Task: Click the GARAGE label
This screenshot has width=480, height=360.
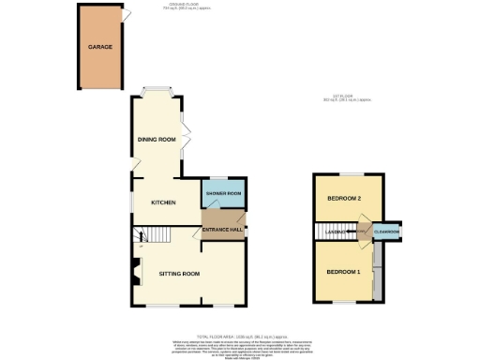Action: point(100,46)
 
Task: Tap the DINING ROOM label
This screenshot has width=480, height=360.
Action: point(157,140)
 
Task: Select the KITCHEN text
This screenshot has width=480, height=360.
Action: point(164,202)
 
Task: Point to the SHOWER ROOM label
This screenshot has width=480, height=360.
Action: point(224,194)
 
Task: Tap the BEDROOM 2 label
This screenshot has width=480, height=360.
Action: point(344,199)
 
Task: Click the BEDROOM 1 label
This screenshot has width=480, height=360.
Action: point(343,271)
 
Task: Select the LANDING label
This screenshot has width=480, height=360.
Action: point(337,232)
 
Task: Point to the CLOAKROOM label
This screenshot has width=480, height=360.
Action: point(387,232)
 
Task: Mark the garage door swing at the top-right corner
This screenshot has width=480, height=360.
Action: point(126,16)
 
